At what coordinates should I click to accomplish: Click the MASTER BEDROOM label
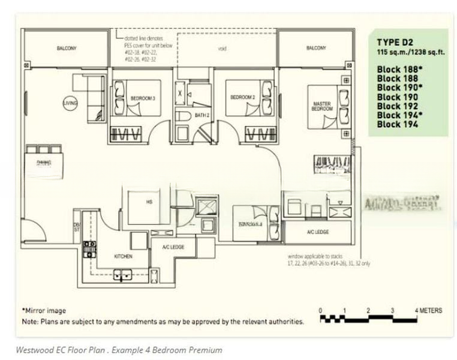(x=321, y=107)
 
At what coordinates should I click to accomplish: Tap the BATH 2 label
(x=202, y=115)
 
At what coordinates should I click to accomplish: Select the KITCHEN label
(x=123, y=256)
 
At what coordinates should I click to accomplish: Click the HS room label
(x=149, y=202)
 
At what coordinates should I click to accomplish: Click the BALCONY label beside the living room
(x=65, y=49)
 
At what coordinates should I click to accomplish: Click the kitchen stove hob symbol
(x=89, y=248)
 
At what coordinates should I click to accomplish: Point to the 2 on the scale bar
(x=367, y=311)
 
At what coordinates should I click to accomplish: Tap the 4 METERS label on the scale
(x=428, y=311)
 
